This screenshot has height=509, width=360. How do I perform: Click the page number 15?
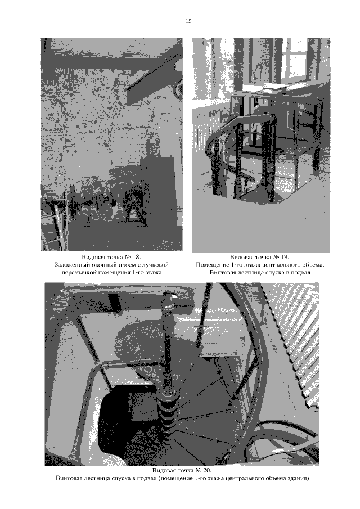tap(188, 21)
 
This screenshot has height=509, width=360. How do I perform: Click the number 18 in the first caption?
tap(136, 258)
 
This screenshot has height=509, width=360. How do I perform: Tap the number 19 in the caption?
tap(285, 258)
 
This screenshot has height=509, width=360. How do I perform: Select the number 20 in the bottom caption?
tap(207, 470)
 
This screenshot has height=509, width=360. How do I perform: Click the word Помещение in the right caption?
tap(211, 265)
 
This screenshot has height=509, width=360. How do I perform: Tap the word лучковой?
tap(155, 265)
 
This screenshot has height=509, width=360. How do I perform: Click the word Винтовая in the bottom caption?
tap(69, 478)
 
